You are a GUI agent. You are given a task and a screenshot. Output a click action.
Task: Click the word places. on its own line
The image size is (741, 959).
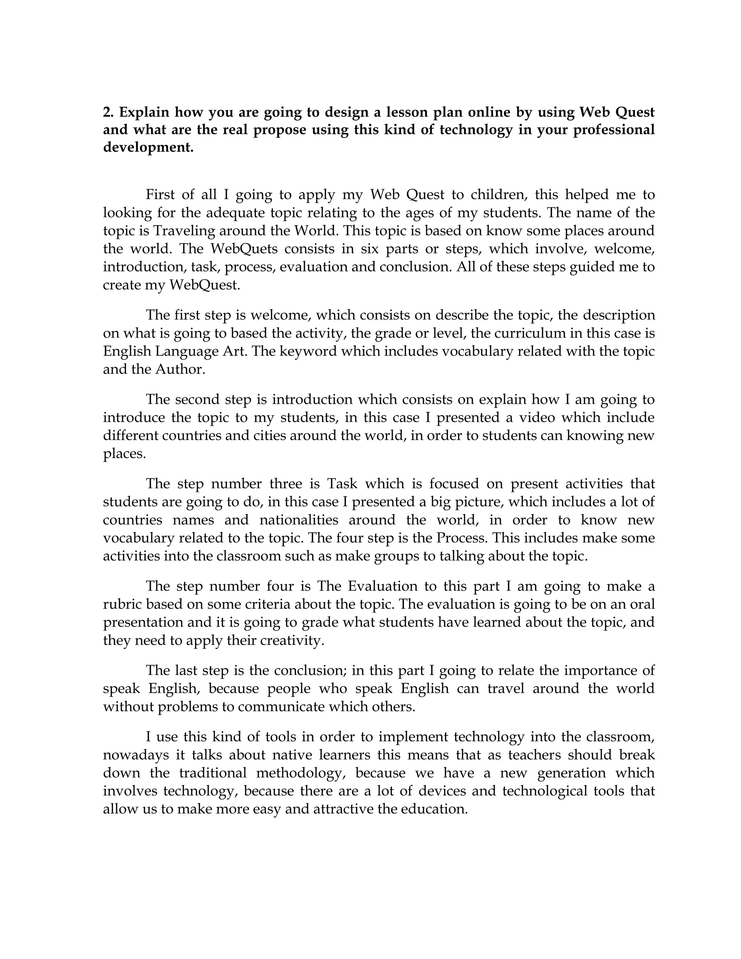[x=124, y=453]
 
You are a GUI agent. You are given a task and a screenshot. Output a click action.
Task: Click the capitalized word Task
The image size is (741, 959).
[x=342, y=484]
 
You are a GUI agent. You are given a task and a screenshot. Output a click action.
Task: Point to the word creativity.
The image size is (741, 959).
[x=292, y=641]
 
